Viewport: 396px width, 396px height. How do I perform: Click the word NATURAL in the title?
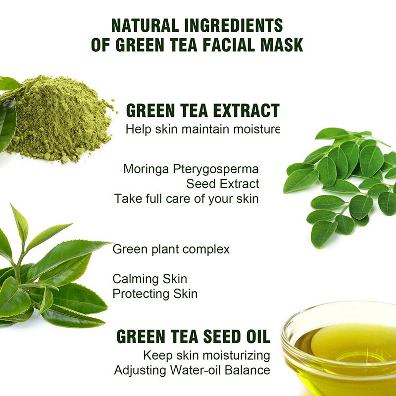point(145,25)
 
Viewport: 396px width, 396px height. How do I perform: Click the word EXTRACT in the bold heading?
point(246,110)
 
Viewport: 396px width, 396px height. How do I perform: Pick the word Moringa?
point(146,169)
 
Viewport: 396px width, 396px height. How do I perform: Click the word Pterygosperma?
point(216,169)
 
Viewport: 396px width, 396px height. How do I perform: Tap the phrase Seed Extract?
point(222,184)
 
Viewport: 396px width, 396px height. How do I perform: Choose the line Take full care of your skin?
point(187,199)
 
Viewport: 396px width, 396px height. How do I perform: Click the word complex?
point(206,250)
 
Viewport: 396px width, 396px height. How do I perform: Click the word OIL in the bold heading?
point(258,337)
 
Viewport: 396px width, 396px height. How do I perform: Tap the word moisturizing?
point(236,356)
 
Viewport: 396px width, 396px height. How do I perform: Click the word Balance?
point(247,370)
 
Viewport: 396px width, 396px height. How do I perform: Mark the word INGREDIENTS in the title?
point(234,25)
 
